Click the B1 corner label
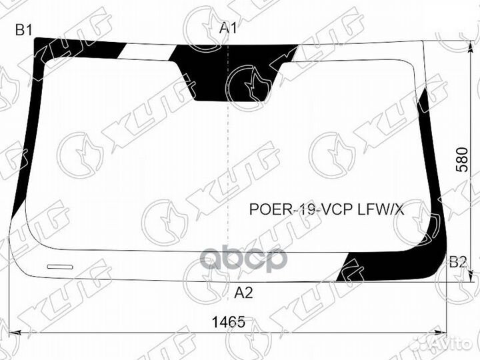click(24, 29)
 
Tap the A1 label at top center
click(229, 28)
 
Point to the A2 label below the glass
click(243, 291)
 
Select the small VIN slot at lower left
click(61, 267)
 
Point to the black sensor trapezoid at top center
click(230, 73)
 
